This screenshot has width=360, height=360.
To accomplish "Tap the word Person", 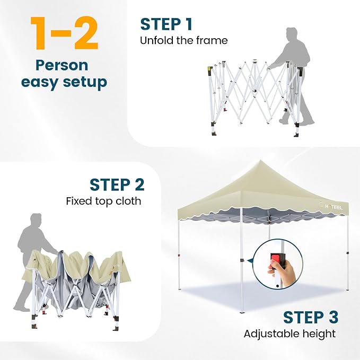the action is click(x=62, y=66).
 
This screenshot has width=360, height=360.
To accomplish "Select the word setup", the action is click(x=85, y=83).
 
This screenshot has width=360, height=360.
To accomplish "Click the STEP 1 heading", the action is click(x=166, y=24).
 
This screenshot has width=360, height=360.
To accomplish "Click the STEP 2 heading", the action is click(x=117, y=185).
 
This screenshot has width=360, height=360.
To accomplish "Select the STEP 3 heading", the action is click(x=311, y=317).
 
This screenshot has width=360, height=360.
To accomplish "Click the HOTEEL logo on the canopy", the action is click(x=331, y=207).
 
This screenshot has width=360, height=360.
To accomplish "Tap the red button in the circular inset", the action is click(x=276, y=258).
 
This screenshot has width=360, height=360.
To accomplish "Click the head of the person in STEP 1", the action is click(x=292, y=34).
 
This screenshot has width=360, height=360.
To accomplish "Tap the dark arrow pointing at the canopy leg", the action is click(x=250, y=260).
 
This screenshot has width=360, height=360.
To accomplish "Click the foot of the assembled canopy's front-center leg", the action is click(x=242, y=311).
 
